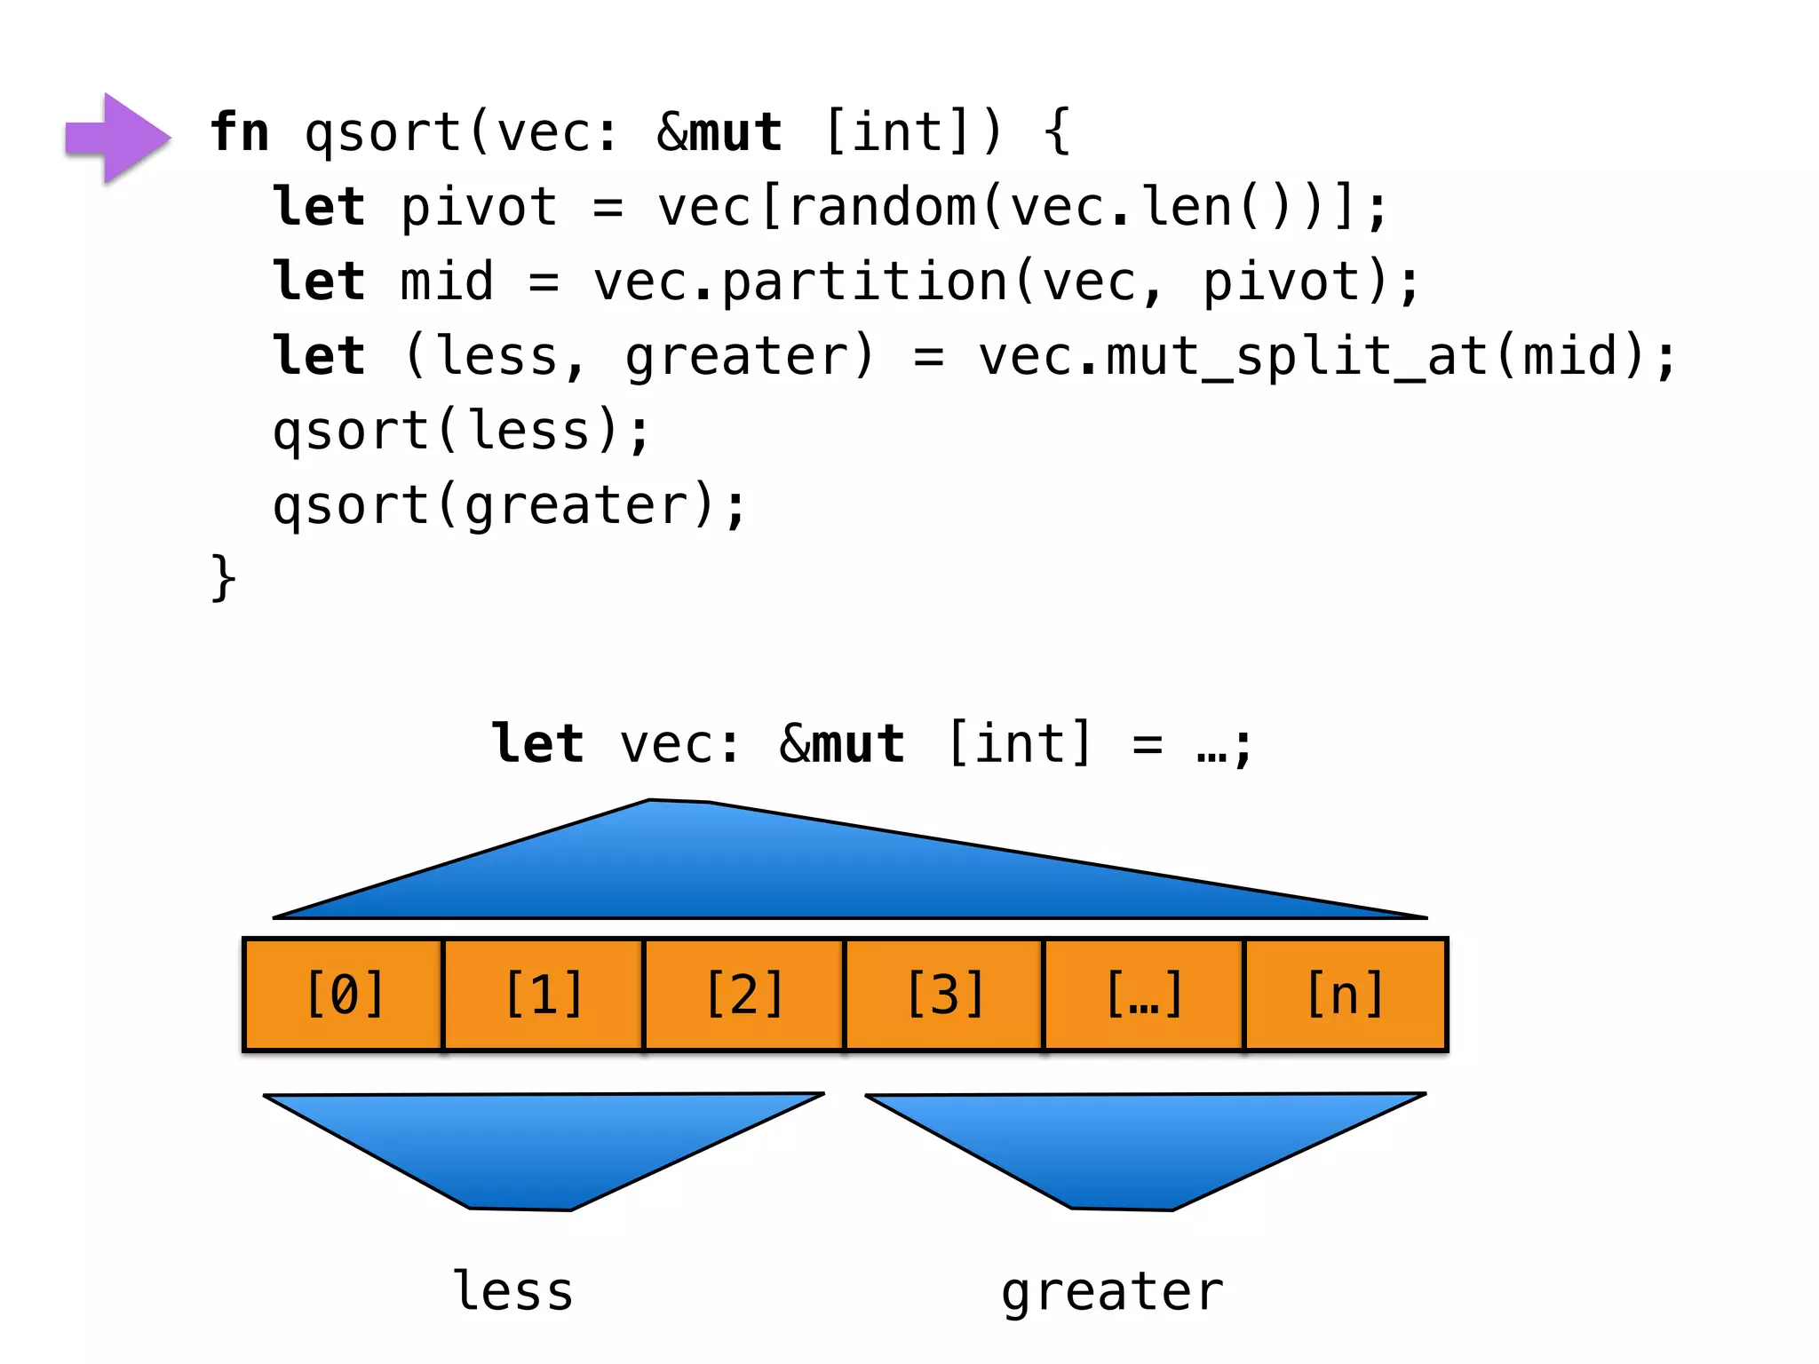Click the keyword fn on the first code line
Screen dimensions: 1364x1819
point(239,132)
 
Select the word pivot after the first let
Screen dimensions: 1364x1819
point(478,207)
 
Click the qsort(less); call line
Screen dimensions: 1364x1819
point(461,432)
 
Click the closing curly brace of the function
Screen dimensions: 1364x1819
point(223,578)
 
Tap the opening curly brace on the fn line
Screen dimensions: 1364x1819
point(1057,132)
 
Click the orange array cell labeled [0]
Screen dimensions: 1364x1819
point(345,995)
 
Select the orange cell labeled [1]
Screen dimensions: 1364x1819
point(544,995)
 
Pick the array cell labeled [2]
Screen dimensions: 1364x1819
point(744,995)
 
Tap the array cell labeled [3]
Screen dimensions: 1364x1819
point(944,995)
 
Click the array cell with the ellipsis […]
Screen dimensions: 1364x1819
point(1144,995)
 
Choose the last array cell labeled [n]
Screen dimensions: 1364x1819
point(1346,995)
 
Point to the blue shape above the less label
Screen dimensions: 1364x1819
point(533,1146)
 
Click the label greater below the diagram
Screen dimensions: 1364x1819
point(1112,1292)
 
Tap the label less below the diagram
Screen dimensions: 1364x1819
point(513,1292)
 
